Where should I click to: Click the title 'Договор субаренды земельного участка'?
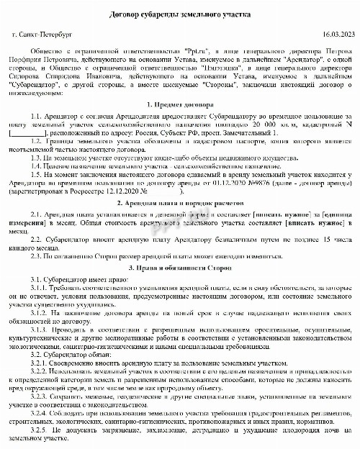point(179,15)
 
